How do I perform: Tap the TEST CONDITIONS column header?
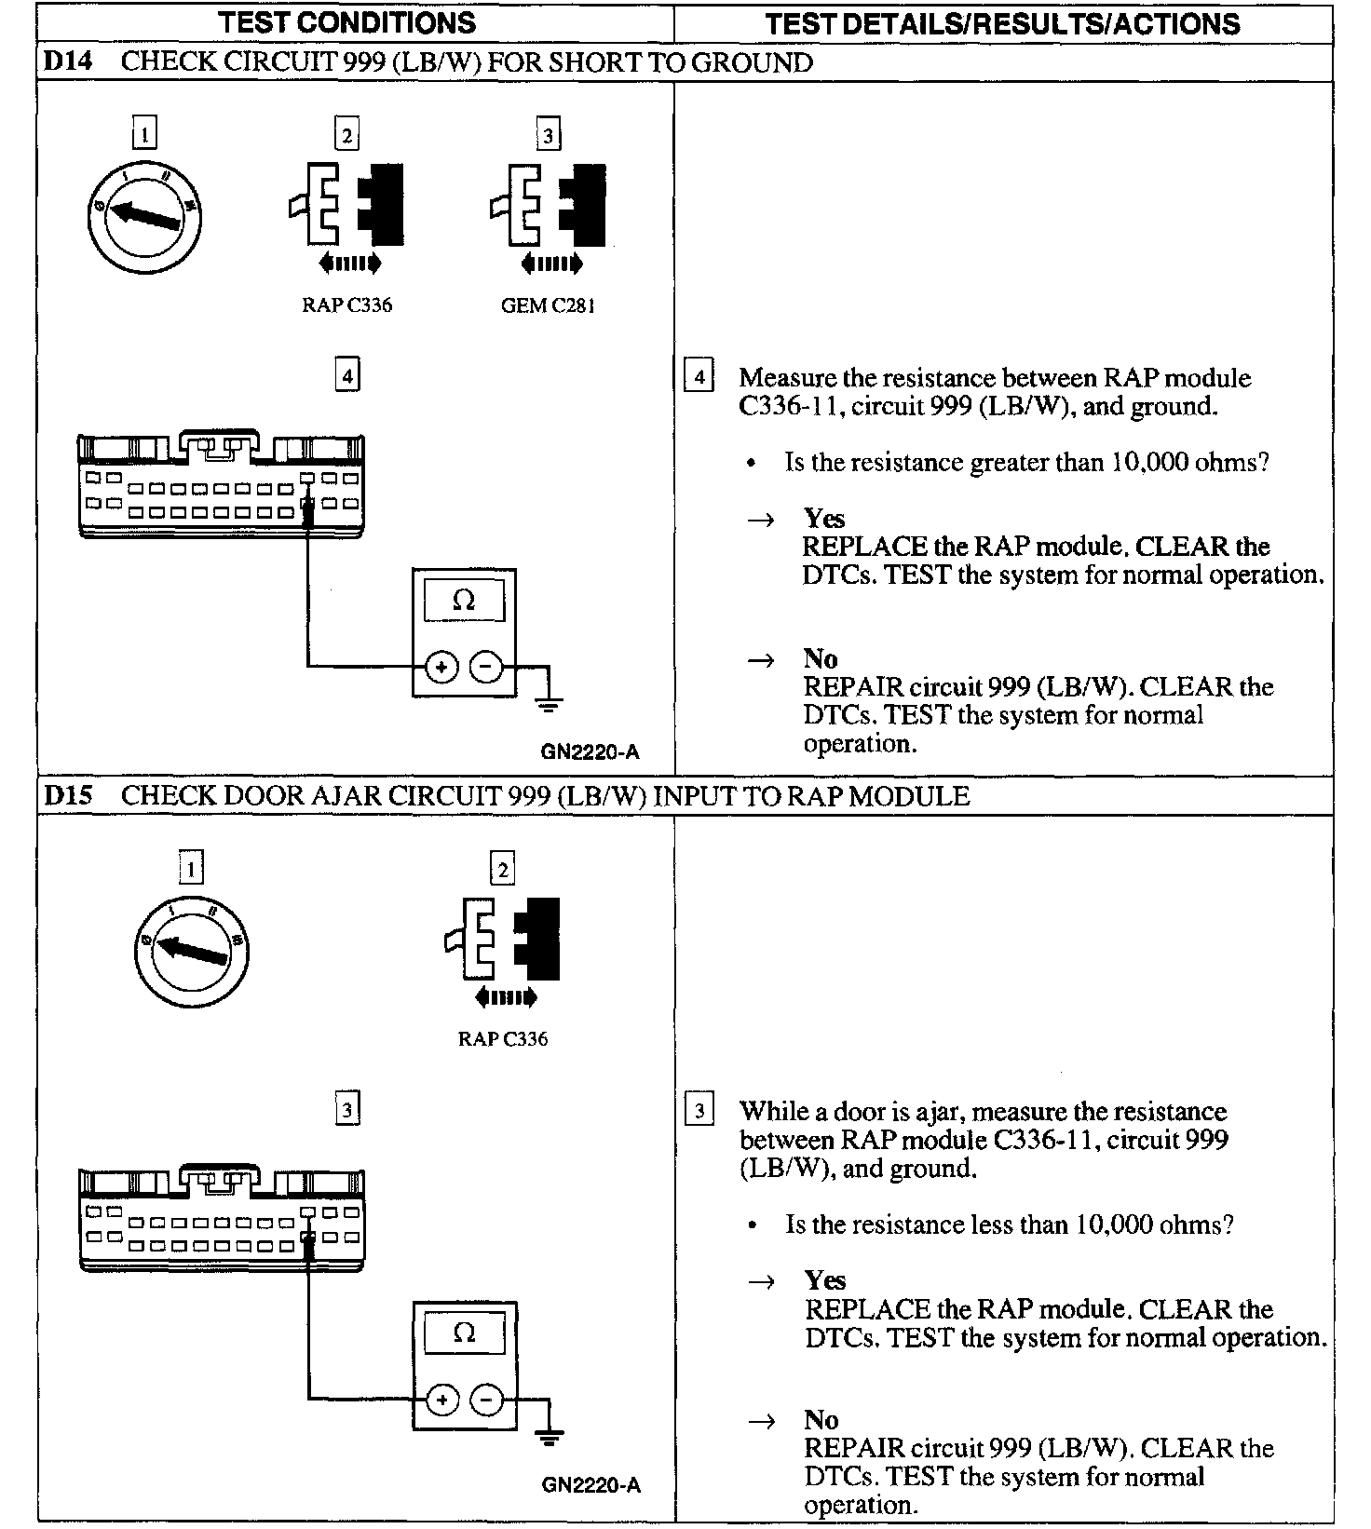(x=346, y=22)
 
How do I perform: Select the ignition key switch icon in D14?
(x=144, y=216)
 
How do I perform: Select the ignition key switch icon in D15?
(x=192, y=950)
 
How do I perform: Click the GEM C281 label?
(x=548, y=305)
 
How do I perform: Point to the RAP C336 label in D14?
(x=346, y=305)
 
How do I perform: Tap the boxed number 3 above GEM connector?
(x=548, y=135)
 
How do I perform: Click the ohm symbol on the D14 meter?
(x=464, y=601)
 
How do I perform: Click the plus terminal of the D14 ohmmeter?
(x=441, y=667)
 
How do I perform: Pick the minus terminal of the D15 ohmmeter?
(x=486, y=1400)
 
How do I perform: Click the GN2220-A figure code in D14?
(x=590, y=751)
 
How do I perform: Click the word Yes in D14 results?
(x=824, y=518)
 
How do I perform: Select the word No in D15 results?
(x=821, y=1419)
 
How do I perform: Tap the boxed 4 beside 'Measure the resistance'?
(x=699, y=377)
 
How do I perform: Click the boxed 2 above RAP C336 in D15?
(x=502, y=870)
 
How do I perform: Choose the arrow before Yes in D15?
(x=762, y=1282)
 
